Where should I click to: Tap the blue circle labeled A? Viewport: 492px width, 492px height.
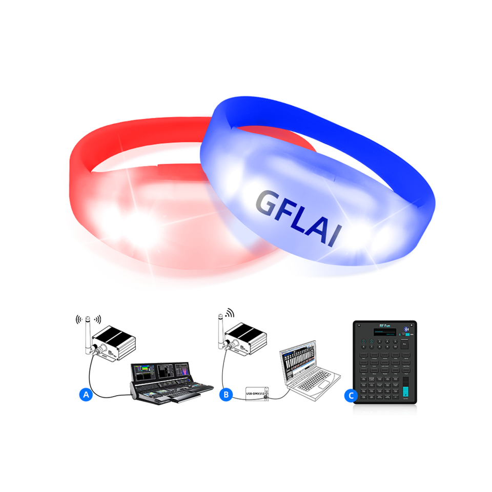86,395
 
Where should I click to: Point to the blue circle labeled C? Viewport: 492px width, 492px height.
351,395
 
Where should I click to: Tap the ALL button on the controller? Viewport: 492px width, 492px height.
404,345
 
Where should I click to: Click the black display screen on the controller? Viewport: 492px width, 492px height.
385,333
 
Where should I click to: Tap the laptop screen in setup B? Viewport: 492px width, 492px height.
297,363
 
